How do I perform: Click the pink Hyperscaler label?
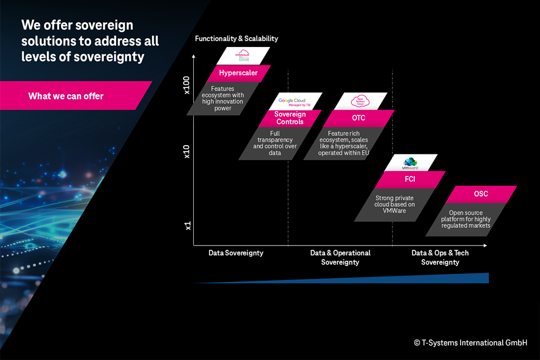pyautogui.click(x=238, y=73)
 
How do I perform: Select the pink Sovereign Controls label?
pyautogui.click(x=289, y=118)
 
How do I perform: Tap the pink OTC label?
pyautogui.click(x=359, y=118)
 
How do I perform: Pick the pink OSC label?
pyautogui.click(x=481, y=194)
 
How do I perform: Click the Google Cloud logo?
pyautogui.click(x=292, y=101)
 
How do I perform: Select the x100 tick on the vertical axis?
pyautogui.click(x=187, y=85)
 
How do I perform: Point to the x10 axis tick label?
pyautogui.click(x=187, y=152)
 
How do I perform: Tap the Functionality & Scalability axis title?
pyautogui.click(x=237, y=39)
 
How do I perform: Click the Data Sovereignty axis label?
pyautogui.click(x=236, y=253)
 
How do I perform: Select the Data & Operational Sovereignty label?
pyautogui.click(x=340, y=257)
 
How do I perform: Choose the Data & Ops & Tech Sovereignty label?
pyautogui.click(x=440, y=257)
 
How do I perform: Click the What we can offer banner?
pyautogui.click(x=66, y=96)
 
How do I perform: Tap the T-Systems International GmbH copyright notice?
pyautogui.click(x=470, y=343)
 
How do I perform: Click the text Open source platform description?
pyautogui.click(x=465, y=219)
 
